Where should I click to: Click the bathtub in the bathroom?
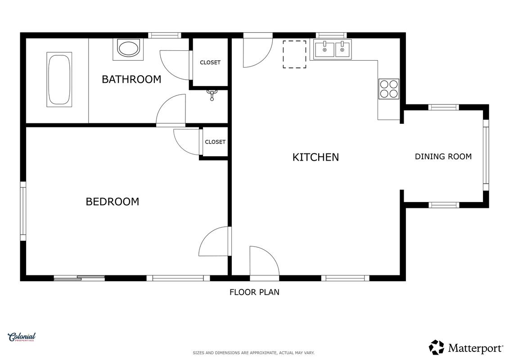(59, 80)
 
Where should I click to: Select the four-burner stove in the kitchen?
(389, 89)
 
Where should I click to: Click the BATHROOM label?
(131, 79)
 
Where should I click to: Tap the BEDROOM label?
(113, 202)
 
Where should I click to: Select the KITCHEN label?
(315, 157)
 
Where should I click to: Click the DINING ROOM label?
(443, 157)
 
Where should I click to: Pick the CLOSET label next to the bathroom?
(210, 63)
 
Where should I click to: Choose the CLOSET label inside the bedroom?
(215, 142)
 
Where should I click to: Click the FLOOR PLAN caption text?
(254, 292)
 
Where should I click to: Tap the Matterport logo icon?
(436, 347)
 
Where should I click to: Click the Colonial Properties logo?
(22, 337)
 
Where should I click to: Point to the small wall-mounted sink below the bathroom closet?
(212, 95)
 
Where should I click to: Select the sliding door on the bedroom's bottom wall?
(79, 278)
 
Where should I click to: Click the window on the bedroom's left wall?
(23, 211)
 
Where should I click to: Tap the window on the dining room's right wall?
(486, 155)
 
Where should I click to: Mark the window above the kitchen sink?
(331, 36)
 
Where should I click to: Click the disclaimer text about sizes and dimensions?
(253, 353)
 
